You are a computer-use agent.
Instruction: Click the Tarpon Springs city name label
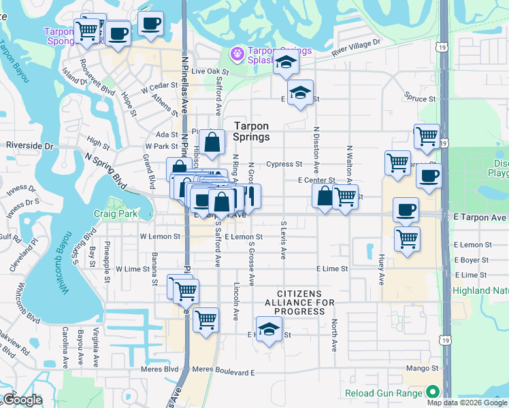pyautogui.click(x=251, y=131)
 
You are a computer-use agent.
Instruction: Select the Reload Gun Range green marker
pyautogui.click(x=432, y=392)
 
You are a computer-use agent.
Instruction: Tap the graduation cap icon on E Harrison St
pyautogui.click(x=269, y=330)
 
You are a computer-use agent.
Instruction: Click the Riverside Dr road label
pyautogui.click(x=29, y=146)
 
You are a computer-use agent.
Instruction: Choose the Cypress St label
pyautogui.click(x=284, y=164)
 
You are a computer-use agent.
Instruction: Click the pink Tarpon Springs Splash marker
pyautogui.click(x=237, y=52)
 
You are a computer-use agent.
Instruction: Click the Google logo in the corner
pyautogui.click(x=22, y=400)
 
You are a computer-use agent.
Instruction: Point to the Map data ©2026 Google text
pyautogui.click(x=467, y=403)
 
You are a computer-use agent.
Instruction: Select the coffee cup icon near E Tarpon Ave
pyautogui.click(x=406, y=211)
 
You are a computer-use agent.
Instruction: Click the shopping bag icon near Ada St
pyautogui.click(x=212, y=143)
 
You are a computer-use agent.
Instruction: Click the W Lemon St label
pyautogui.click(x=159, y=237)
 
